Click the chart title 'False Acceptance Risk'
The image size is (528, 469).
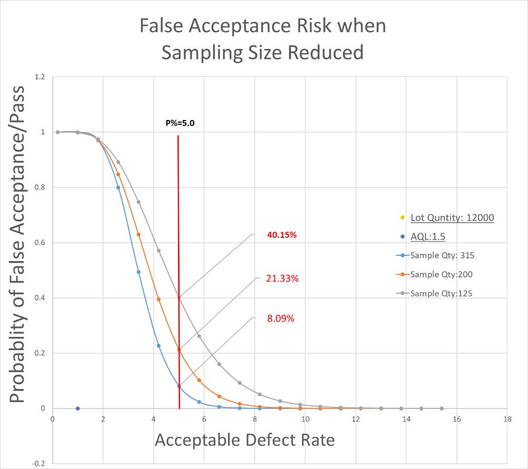pos(263,26)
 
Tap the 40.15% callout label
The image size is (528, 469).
pos(282,235)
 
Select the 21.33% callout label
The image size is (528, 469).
pos(282,278)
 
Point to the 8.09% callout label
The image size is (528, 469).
pos(281,318)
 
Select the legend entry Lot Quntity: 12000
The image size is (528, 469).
pos(452,217)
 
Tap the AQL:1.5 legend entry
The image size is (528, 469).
pos(427,236)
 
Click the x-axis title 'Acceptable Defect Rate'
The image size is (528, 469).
pos(245,440)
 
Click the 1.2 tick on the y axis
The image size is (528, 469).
pos(40,77)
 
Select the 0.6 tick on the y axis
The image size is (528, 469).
pos(40,243)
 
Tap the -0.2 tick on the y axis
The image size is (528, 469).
pos(39,464)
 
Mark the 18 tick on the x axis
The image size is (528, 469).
pos(507,419)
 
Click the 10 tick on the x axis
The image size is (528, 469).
pos(305,419)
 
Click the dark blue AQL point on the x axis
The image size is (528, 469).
pos(78,408)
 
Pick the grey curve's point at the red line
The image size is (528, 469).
pos(179,297)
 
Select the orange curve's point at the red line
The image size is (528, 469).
pos(179,350)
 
